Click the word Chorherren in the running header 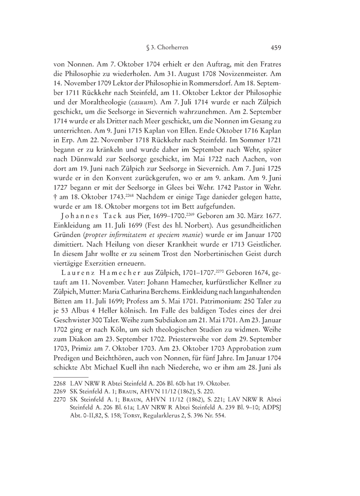[173, 49]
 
